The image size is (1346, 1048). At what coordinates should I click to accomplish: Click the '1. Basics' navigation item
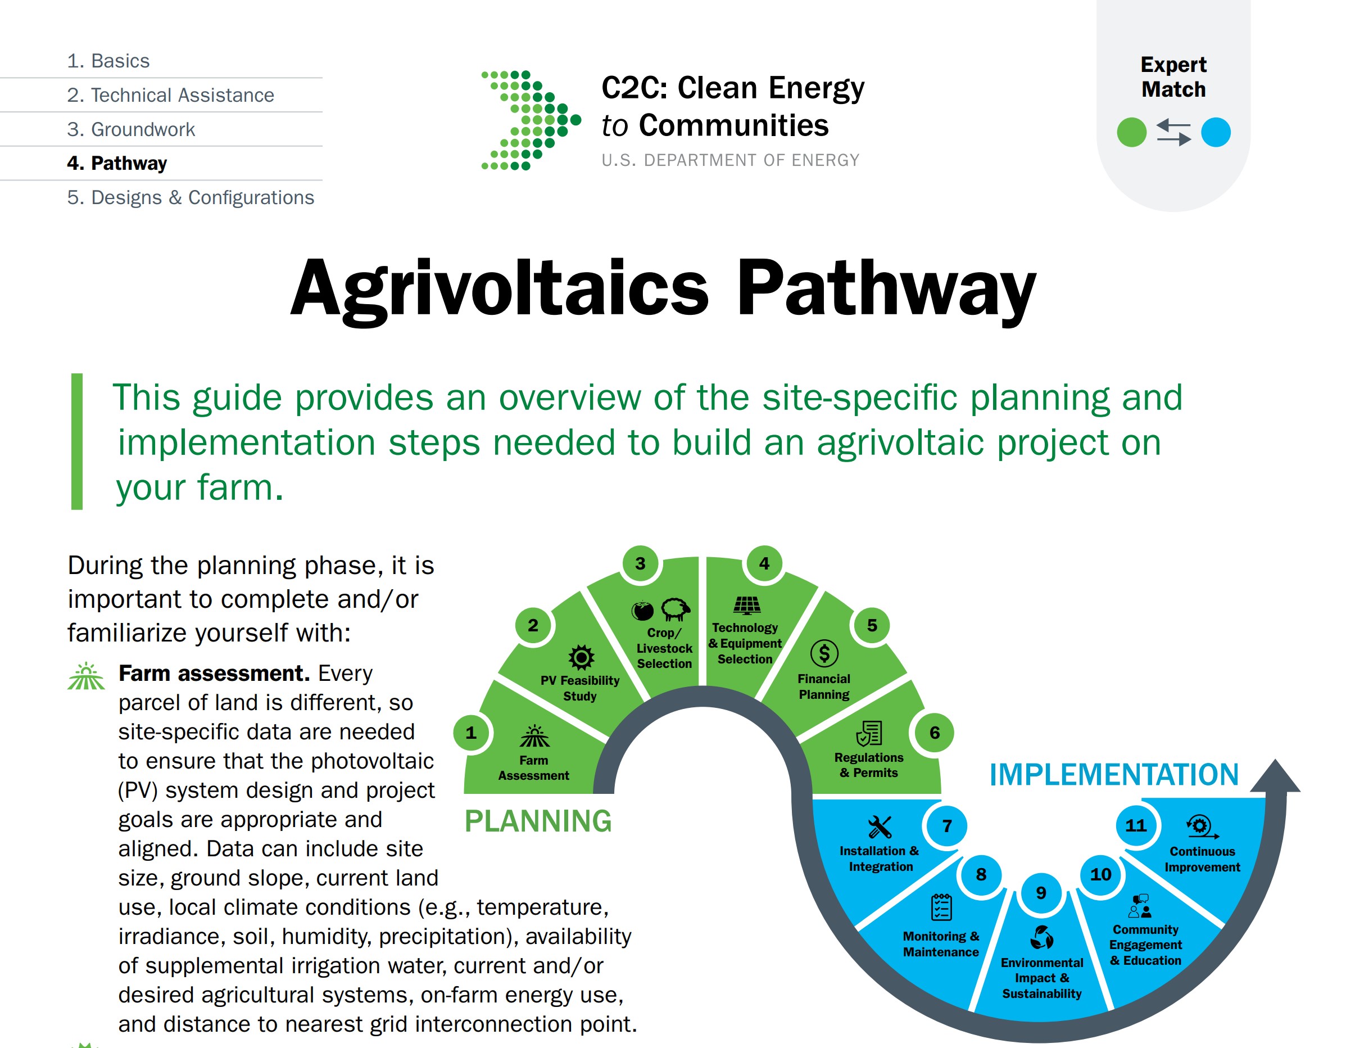(108, 61)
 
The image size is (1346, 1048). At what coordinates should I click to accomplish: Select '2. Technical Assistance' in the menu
(171, 95)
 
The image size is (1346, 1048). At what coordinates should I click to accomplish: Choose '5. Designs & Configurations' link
(191, 197)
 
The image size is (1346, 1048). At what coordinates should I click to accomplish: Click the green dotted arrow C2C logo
(531, 120)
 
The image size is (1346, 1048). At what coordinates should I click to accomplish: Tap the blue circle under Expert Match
(1216, 132)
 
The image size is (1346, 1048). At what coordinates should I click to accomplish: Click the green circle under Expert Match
(1131, 132)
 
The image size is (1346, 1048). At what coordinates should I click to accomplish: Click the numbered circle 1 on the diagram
(471, 733)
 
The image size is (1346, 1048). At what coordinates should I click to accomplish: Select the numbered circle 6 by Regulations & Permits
(934, 733)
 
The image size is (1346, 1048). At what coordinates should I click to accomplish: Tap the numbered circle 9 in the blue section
(1041, 893)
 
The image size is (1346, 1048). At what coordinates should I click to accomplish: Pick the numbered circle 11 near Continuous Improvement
(1136, 825)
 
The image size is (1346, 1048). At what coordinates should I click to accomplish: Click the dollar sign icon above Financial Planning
(824, 653)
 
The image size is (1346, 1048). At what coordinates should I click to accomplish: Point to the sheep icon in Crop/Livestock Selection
(676, 609)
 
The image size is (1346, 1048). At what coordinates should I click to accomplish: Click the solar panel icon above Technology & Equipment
(746, 606)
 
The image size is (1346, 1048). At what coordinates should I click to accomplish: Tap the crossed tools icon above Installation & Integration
(880, 826)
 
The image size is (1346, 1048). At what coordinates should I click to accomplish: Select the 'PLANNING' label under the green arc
(538, 821)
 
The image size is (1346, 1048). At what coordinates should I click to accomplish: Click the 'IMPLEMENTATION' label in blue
(1114, 775)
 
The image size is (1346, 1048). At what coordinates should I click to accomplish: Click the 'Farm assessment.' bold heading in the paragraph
(214, 673)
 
